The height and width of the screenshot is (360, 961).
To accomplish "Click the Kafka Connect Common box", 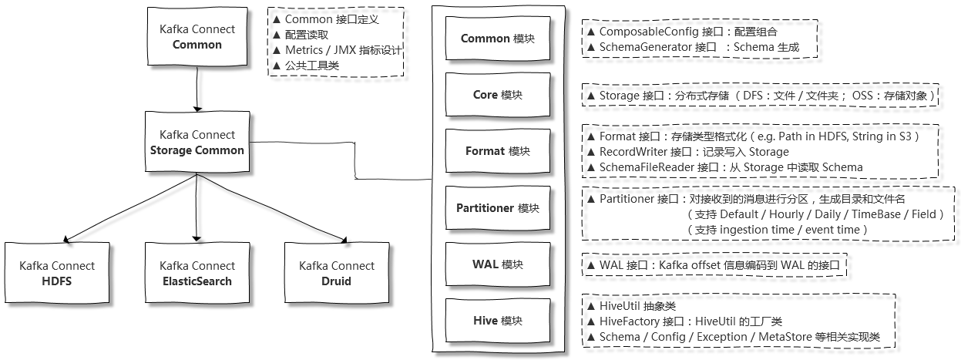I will tap(197, 37).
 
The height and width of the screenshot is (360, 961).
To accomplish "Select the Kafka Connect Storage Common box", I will tap(197, 143).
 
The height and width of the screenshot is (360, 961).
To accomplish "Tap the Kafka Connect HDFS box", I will tap(58, 273).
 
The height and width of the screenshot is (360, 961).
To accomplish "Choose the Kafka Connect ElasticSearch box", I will tap(197, 273).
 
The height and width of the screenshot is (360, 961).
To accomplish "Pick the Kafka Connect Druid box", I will tap(336, 273).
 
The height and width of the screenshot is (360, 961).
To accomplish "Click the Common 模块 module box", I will tap(497, 39).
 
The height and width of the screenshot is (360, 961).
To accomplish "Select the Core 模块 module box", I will tap(497, 95).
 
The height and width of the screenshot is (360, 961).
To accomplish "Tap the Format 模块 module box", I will tap(497, 151).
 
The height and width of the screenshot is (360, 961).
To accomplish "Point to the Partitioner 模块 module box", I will tap(497, 208).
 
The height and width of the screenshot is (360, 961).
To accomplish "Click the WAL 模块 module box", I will tap(497, 264).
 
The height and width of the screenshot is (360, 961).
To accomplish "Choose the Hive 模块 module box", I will tap(497, 321).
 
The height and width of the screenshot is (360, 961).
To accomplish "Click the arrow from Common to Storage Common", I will tap(198, 89).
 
